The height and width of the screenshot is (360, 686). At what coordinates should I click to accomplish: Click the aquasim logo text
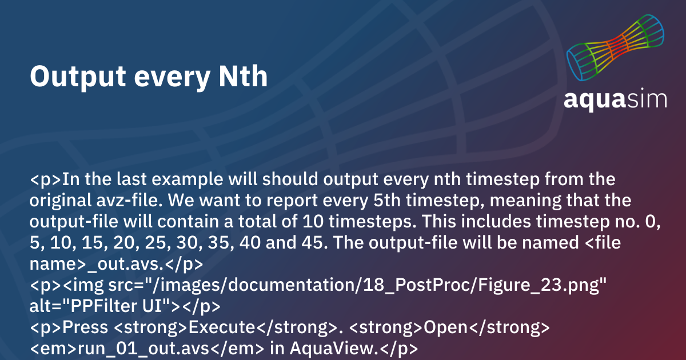[615, 98]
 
